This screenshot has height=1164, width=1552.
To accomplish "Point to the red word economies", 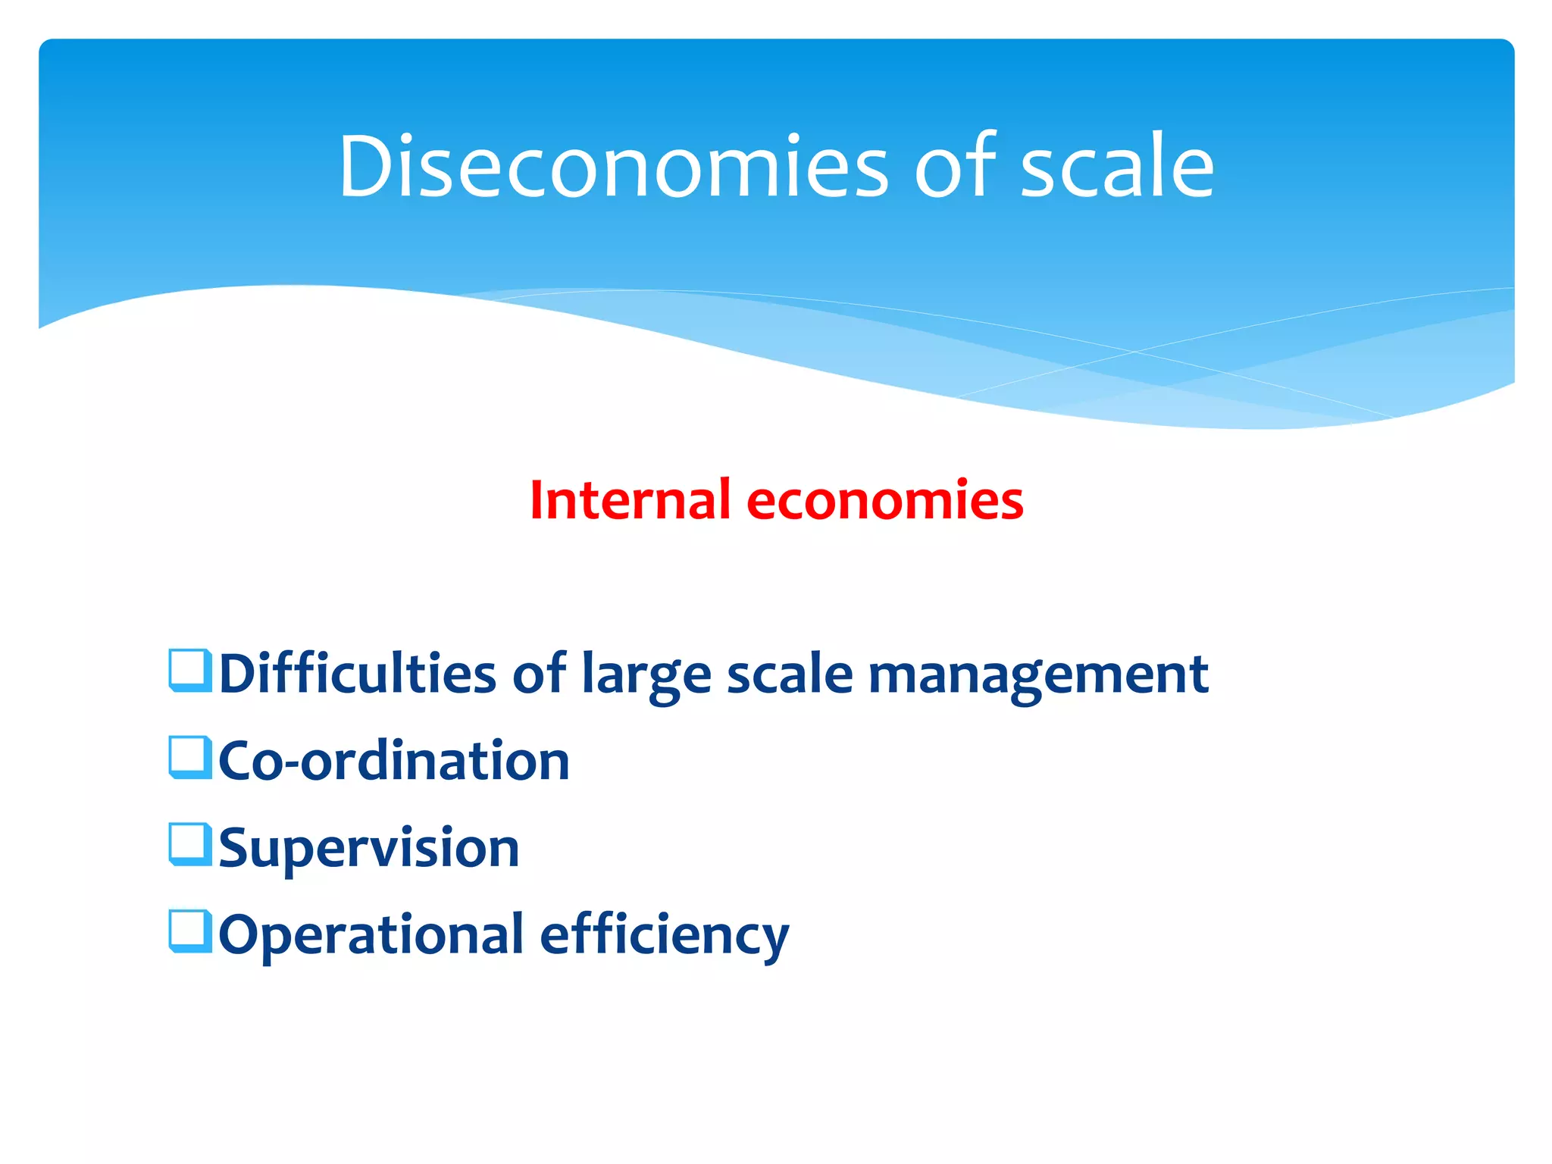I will pyautogui.click(x=884, y=501).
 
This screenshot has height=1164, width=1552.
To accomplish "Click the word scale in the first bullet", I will pyautogui.click(x=790, y=673).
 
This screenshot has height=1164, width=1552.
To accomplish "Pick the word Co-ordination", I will pyautogui.click(x=394, y=760).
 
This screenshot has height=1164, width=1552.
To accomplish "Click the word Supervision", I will pyautogui.click(x=369, y=849).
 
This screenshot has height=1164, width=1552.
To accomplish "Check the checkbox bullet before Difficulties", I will pyautogui.click(x=189, y=671).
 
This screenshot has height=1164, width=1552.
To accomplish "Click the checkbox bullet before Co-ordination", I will pyautogui.click(x=189, y=758).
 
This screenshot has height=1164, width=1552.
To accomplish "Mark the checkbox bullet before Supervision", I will pyautogui.click(x=189, y=844).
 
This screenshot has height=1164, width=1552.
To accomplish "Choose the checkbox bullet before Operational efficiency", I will pyautogui.click(x=189, y=931).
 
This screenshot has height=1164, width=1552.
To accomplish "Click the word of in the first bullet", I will pyautogui.click(x=539, y=673).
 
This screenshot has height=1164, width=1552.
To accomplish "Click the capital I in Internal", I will pyautogui.click(x=537, y=501).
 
